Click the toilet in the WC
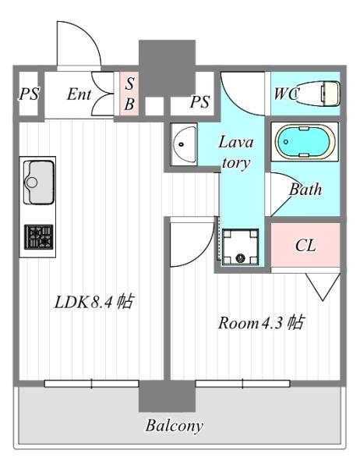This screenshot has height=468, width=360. [x=318, y=94]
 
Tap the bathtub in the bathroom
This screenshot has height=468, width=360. [x=305, y=141]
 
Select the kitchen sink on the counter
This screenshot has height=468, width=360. [x=39, y=182]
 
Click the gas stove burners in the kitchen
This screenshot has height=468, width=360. [x=39, y=237]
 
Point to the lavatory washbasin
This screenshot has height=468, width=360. [x=183, y=144]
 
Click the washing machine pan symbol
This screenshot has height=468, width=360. [x=240, y=246]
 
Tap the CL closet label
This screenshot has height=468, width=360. [x=305, y=246]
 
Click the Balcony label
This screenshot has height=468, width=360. [x=175, y=425]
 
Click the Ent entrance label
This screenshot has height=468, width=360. [x=79, y=94]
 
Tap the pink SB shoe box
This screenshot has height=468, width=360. [x=129, y=94]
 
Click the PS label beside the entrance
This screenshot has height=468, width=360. [x=29, y=94]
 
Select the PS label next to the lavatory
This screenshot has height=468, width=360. [x=199, y=101]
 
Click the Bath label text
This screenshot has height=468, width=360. [x=305, y=190]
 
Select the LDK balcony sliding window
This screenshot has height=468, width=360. [x=92, y=384]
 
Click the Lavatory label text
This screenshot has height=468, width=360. [x=236, y=152]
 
